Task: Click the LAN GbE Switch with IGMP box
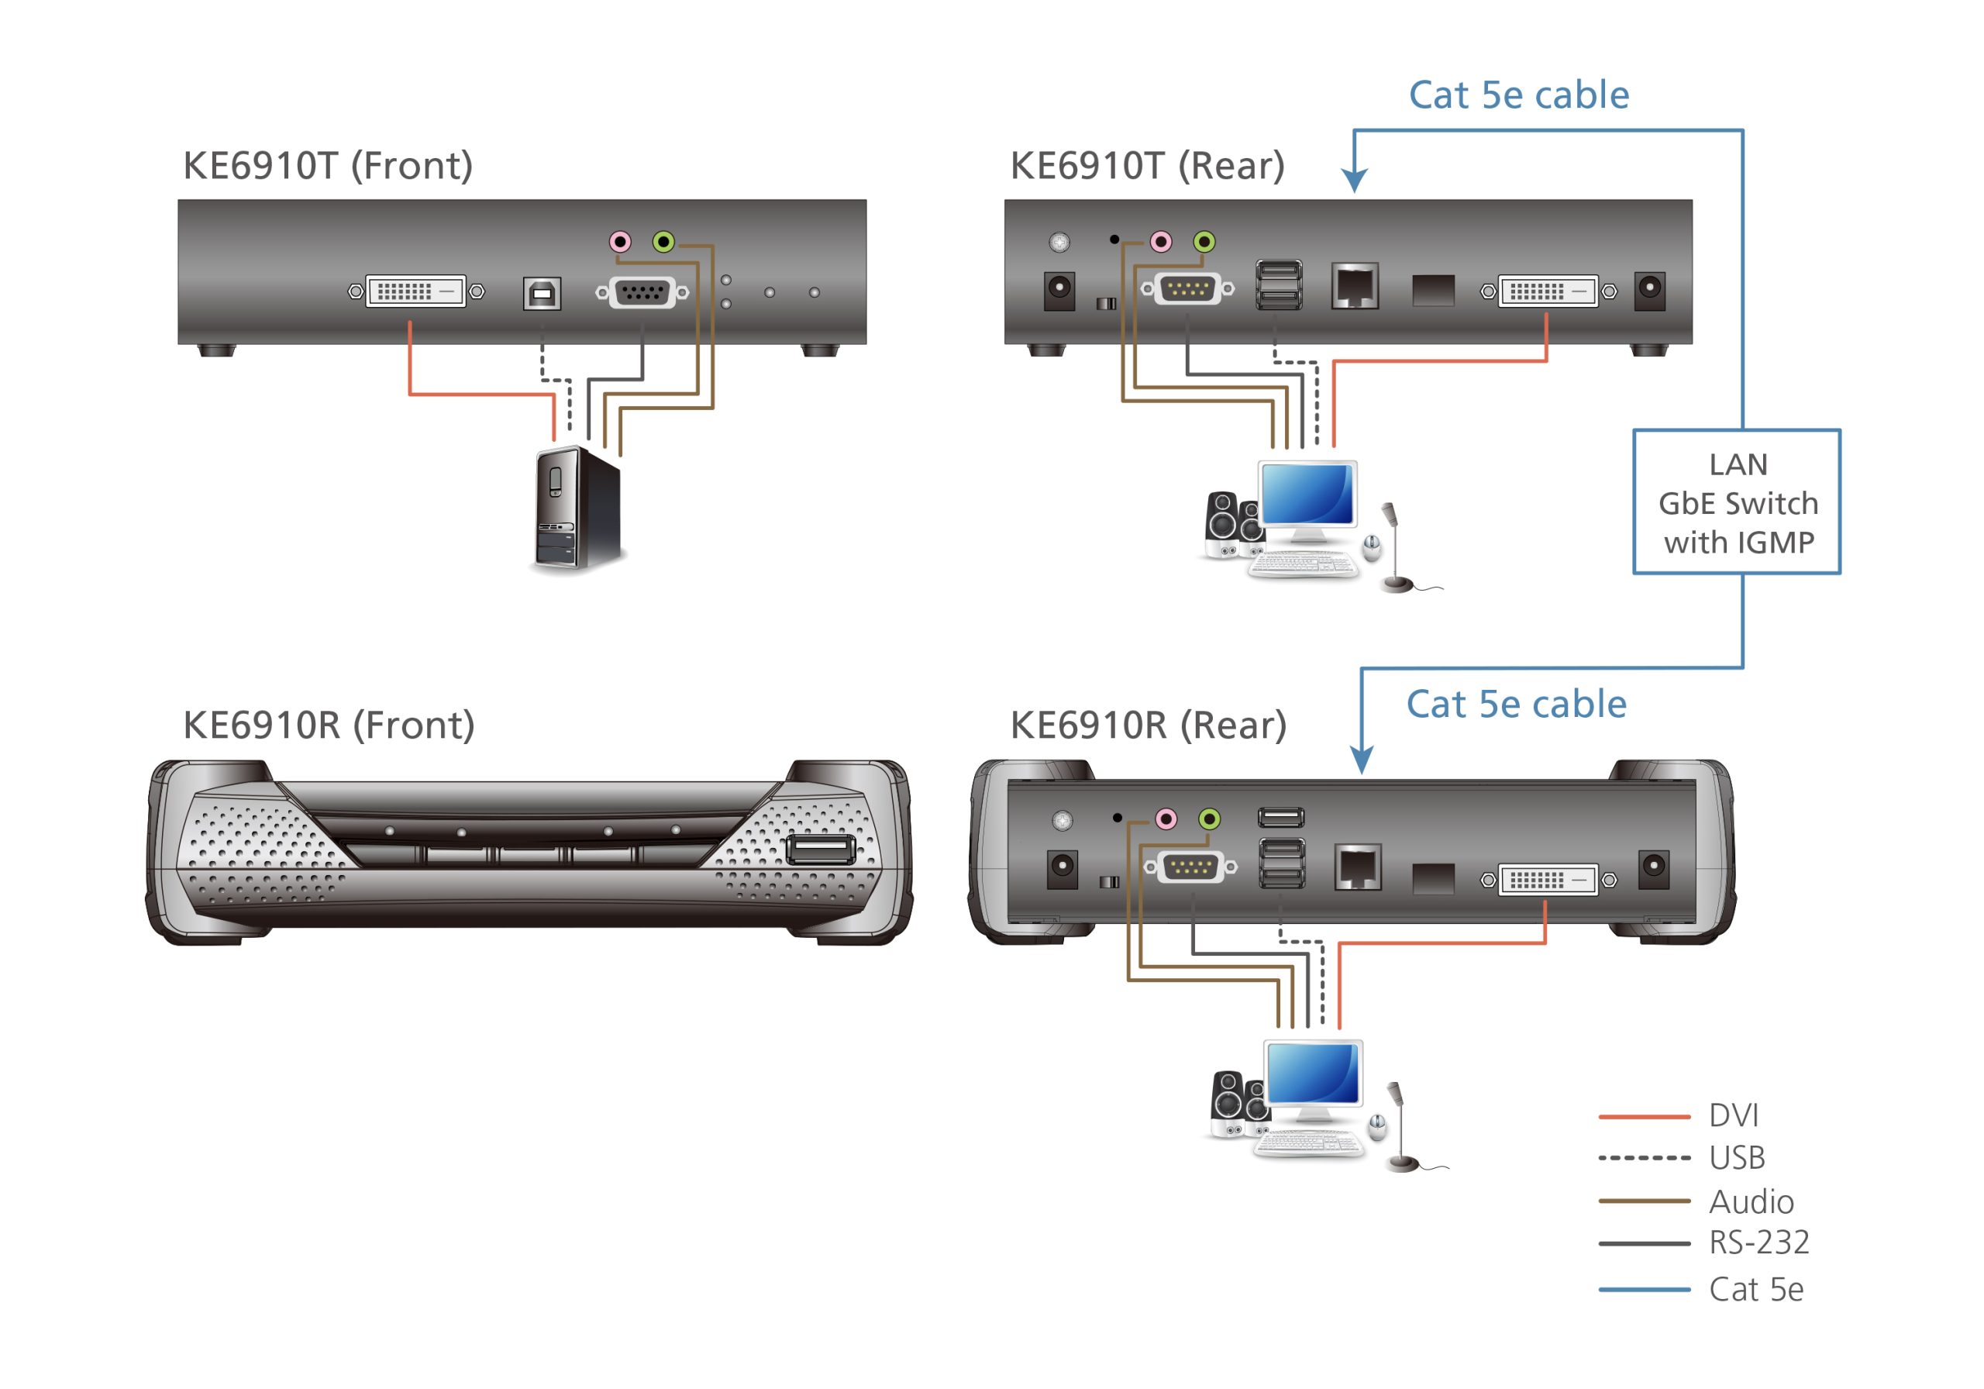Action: pyautogui.click(x=1736, y=502)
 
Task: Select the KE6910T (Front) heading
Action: pyautogui.click(x=328, y=165)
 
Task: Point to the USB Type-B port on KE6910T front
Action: pyautogui.click(x=542, y=293)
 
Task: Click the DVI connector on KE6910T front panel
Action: pyautogui.click(x=415, y=291)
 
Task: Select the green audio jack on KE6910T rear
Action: pyautogui.click(x=1204, y=241)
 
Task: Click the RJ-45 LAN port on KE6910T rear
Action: pyautogui.click(x=1354, y=286)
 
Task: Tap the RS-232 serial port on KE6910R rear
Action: pyautogui.click(x=1190, y=866)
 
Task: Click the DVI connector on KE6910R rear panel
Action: pyautogui.click(x=1547, y=880)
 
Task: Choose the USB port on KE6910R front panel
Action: pyautogui.click(x=820, y=849)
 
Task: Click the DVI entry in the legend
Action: pyautogui.click(x=1733, y=1115)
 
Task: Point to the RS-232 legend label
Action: pyautogui.click(x=1758, y=1242)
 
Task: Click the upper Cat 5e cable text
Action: pyautogui.click(x=1518, y=95)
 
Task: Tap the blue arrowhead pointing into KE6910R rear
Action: pyautogui.click(x=1361, y=760)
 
